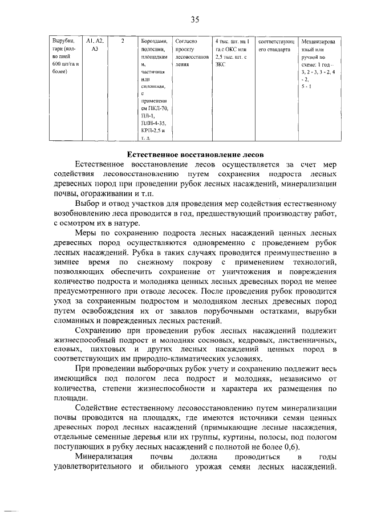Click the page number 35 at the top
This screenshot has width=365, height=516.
click(x=194, y=19)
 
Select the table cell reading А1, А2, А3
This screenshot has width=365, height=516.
click(x=95, y=46)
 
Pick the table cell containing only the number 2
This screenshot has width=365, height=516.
click(x=124, y=42)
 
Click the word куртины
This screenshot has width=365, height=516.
click(x=214, y=437)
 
